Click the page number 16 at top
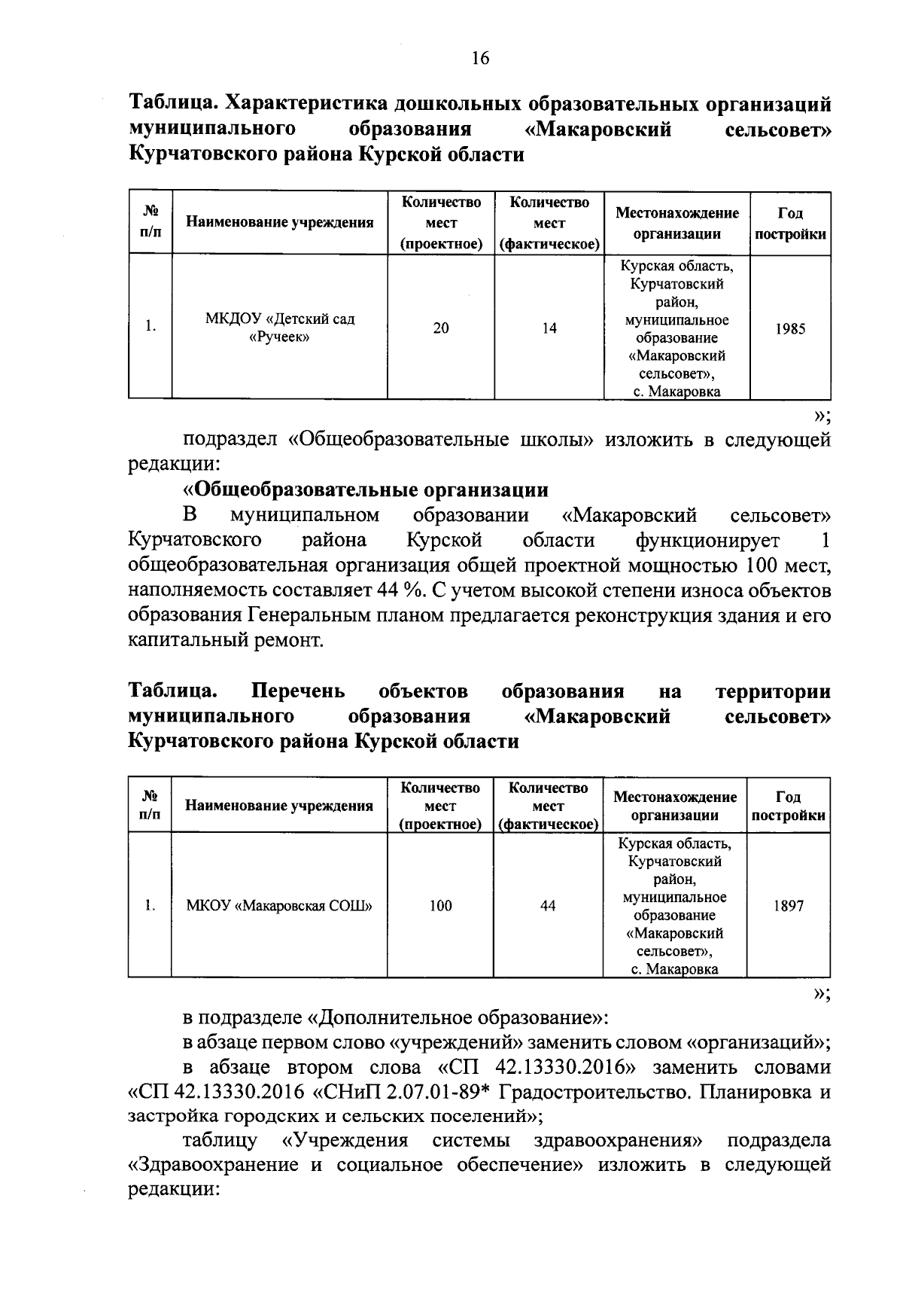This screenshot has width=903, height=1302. pyautogui.click(x=480, y=58)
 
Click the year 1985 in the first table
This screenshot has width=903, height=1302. pyautogui.click(x=790, y=328)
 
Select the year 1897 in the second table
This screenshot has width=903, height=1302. pyautogui.click(x=789, y=906)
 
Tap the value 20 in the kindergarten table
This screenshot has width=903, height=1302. pyautogui.click(x=441, y=328)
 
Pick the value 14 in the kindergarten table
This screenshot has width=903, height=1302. pyautogui.click(x=549, y=328)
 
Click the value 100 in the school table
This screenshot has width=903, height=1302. pyautogui.click(x=440, y=906)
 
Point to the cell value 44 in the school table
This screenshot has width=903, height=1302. pyautogui.click(x=548, y=906)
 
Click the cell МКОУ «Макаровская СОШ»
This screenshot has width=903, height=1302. pyautogui.click(x=279, y=906)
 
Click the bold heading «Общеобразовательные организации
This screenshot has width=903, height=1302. pyautogui.click(x=366, y=490)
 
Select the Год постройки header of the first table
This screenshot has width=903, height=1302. pyautogui.click(x=790, y=224)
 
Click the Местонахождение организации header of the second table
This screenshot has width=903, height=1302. pyautogui.click(x=675, y=806)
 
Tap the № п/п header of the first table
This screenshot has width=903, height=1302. pyautogui.click(x=150, y=224)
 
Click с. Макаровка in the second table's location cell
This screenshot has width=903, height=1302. pyautogui.click(x=675, y=969)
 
